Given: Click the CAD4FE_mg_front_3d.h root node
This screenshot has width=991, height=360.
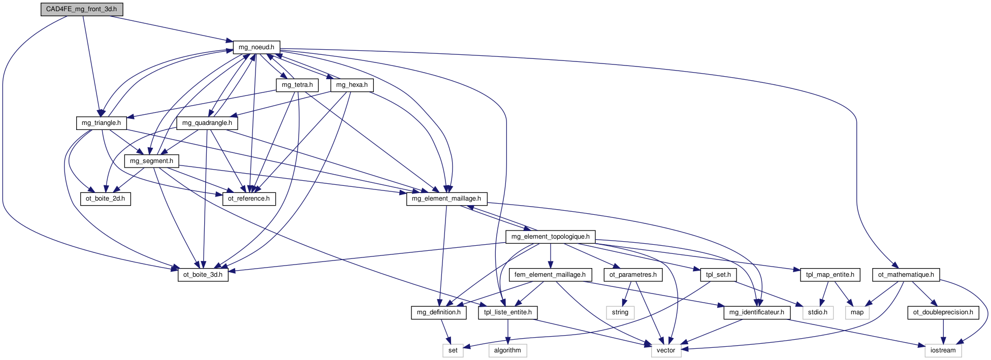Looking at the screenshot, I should (x=82, y=9).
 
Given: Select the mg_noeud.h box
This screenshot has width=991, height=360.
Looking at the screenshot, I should (x=257, y=47).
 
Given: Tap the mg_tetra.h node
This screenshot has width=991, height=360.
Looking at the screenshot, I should (x=297, y=85).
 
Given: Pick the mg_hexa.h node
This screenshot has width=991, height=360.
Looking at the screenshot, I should (x=352, y=85).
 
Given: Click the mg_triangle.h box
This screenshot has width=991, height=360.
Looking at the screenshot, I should (x=102, y=123).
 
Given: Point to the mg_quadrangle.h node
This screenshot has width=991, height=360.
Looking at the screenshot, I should (x=207, y=123).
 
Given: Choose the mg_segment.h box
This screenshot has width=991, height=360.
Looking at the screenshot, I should (x=151, y=161).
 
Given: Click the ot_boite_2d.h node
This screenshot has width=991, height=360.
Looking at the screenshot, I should (x=105, y=199).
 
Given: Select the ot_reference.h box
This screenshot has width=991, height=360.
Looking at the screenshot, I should (x=249, y=199).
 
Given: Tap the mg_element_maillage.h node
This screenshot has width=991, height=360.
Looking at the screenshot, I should (x=446, y=199).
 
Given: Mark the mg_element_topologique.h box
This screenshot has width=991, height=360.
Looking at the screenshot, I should (x=551, y=237).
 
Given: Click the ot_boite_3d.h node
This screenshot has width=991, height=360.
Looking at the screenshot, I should (x=203, y=275).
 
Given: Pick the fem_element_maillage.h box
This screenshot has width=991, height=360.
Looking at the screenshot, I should (x=550, y=275).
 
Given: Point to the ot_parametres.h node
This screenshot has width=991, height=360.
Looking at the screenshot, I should (x=633, y=275).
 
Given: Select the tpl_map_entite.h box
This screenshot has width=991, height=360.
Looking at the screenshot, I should (x=830, y=275).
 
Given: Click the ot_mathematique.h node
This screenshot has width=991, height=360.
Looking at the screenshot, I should (x=906, y=275).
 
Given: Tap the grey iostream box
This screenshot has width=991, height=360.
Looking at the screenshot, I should (x=943, y=350).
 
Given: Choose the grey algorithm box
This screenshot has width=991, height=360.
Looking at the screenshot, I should (x=507, y=350).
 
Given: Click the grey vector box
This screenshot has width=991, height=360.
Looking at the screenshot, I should (x=666, y=350).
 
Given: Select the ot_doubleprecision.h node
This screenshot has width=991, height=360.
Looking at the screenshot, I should (x=943, y=312).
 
